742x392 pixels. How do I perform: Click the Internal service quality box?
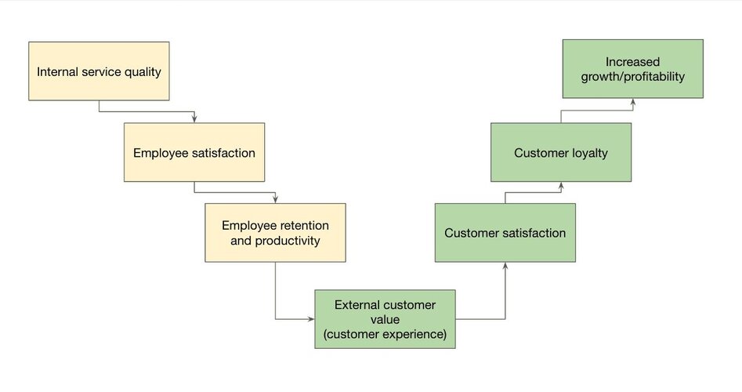99,71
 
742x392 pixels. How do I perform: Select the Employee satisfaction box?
194,152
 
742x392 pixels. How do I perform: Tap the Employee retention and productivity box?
275,232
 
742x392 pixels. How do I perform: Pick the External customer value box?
385,319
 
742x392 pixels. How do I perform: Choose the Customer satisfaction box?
505,232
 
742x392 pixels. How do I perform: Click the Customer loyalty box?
561,152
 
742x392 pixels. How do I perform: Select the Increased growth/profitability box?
632,69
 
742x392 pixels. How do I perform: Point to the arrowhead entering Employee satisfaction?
194,119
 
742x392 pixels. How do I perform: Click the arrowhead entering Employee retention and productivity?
275,199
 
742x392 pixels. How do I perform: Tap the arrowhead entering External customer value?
310,319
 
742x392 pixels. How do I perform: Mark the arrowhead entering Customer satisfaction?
505,266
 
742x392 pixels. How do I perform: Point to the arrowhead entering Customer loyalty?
561,186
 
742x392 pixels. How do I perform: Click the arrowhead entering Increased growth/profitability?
632,102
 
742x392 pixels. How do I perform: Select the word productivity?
288,241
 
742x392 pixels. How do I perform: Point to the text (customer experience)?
385,334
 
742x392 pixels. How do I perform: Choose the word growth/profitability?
632,77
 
